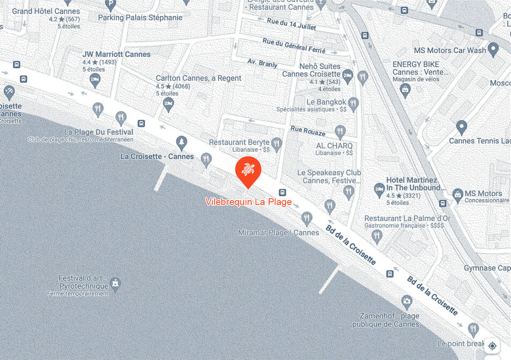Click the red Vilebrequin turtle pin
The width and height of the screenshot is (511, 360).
248,170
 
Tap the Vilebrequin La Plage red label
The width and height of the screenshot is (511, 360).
249,202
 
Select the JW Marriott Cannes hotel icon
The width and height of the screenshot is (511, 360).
95,80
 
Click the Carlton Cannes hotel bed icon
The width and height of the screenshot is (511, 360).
169,103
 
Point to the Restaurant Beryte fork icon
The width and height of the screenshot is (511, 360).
277,143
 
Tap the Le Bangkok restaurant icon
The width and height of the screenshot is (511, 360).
352,102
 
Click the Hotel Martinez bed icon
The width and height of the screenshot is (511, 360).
379,189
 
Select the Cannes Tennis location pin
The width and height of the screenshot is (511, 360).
461,127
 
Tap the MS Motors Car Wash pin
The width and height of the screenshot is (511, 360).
493,50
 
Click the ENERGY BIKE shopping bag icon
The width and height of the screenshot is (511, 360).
405,89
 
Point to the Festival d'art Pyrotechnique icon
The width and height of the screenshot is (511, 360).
115,282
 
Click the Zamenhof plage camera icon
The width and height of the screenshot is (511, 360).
407,302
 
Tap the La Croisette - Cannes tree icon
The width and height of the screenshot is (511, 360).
182,142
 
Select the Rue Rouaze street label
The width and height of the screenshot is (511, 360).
308,130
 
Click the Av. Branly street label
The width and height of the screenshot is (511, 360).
262,63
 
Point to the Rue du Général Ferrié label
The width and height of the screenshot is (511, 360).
294,46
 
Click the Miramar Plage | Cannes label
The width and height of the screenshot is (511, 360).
279,233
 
